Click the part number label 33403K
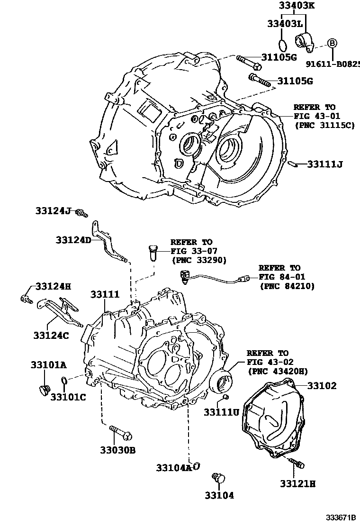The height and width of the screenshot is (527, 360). pyautogui.click(x=297, y=6)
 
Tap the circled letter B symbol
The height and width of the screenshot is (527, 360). pyautogui.click(x=333, y=43)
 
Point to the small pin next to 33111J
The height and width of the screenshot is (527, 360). pyautogui.click(x=293, y=164)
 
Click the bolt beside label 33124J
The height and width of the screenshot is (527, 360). pyautogui.click(x=83, y=213)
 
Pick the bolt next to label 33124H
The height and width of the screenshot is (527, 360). pyautogui.click(x=26, y=299)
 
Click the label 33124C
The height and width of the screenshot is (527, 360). pyautogui.click(x=51, y=335)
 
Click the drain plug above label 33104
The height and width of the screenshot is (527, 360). pyautogui.click(x=218, y=477)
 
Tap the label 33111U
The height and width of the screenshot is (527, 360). pyautogui.click(x=222, y=412)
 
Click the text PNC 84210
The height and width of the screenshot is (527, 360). pyautogui.click(x=287, y=286)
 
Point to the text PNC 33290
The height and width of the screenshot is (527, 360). pyautogui.click(x=199, y=260)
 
